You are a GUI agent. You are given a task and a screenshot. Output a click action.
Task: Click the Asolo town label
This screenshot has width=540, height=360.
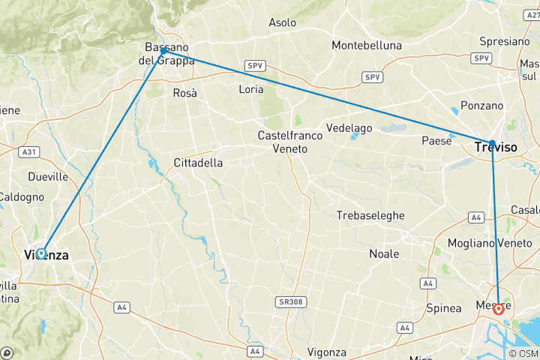point(283,22)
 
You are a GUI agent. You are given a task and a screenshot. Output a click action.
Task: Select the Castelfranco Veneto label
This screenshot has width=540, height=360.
point(290,142)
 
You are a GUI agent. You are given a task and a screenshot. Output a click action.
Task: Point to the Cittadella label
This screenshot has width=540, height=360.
point(198,162)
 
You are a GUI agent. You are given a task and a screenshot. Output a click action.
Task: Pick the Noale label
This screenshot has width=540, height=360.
point(384,253)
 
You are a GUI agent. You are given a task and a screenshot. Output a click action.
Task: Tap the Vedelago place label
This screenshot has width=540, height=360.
point(349,128)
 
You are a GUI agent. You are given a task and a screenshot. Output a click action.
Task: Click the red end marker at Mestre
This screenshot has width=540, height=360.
point(498,308)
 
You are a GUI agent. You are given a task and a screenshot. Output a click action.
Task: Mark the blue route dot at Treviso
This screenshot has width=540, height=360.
point(492,142)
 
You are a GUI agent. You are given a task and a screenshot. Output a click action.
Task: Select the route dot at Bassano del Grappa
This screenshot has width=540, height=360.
point(163,51)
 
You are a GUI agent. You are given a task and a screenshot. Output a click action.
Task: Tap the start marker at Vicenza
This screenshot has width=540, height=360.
point(41,253)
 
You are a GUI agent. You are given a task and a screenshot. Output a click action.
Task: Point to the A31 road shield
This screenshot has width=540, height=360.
point(29,152)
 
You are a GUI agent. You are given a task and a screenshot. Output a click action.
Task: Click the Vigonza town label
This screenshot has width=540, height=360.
point(326,352)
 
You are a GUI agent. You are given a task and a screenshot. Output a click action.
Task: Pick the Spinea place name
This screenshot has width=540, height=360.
point(443,308)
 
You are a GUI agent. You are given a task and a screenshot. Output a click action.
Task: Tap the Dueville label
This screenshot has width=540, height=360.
point(46,177)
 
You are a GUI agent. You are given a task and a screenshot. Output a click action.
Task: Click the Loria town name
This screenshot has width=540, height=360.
point(250,89)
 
